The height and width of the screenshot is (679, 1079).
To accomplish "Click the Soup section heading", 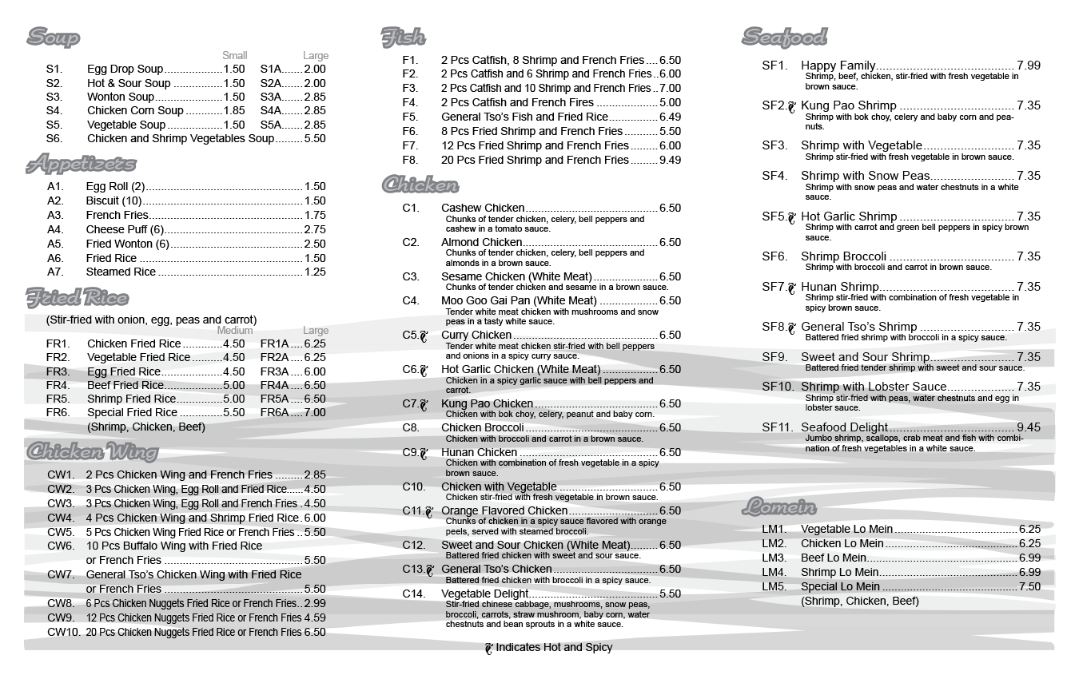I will tap(54, 37).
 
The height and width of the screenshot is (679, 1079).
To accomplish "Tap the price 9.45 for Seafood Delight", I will tap(1029, 427).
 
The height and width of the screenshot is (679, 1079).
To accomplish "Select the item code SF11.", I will tap(778, 427).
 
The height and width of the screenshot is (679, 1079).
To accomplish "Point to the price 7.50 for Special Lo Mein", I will tap(1029, 586).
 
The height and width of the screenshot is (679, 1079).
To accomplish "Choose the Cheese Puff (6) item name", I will tap(125, 229).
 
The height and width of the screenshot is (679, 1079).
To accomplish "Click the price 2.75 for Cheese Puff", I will tap(315, 229).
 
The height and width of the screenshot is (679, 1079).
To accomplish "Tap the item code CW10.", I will tap(64, 632).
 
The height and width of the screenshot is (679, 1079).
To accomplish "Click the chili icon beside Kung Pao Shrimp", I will tap(793, 106).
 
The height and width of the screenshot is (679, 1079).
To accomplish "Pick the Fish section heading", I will tap(403, 37).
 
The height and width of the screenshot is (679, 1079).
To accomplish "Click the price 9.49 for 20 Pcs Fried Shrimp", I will tap(670, 160).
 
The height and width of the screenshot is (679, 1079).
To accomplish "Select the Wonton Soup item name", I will tap(121, 97).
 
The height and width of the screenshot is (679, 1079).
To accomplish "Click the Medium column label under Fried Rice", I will tap(235, 330).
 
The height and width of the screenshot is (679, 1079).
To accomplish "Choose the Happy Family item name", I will tap(838, 66).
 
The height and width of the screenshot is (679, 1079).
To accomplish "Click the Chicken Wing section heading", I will tap(92, 452).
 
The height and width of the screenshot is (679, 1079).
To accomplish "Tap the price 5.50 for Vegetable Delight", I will tap(670, 594).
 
